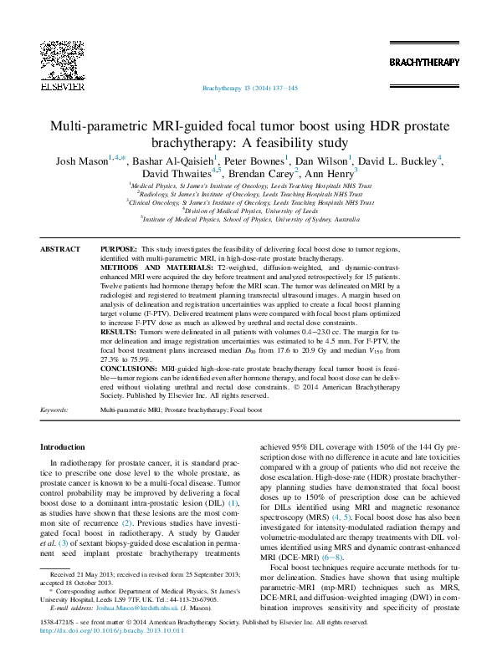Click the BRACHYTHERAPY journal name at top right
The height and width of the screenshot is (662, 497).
click(x=424, y=63)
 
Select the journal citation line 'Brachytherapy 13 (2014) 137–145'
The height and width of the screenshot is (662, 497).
click(x=250, y=89)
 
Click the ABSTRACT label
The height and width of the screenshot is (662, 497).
click(x=60, y=249)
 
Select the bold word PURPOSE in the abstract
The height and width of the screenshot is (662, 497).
click(x=118, y=249)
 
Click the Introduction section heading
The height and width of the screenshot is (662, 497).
click(x=63, y=448)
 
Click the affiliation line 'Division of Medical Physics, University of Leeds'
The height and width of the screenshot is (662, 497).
click(x=250, y=211)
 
